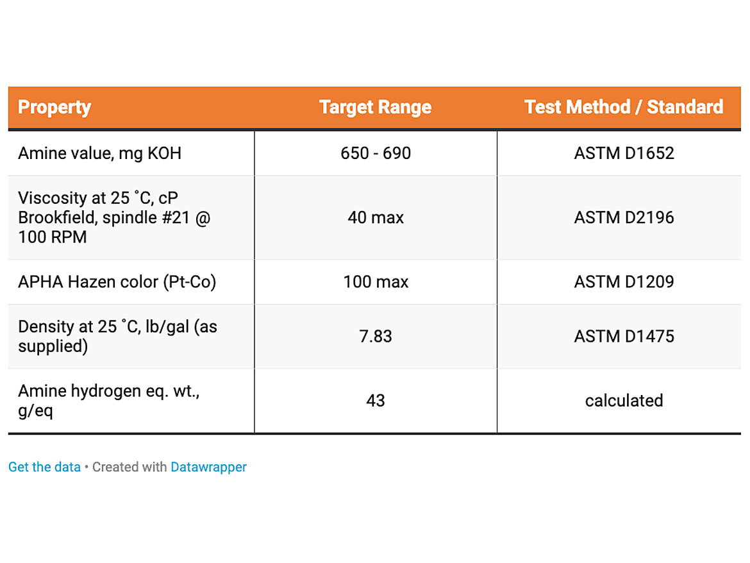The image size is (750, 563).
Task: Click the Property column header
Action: [x=54, y=108]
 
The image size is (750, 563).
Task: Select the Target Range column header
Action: [x=376, y=108]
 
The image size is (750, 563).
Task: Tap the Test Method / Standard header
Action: [x=624, y=107]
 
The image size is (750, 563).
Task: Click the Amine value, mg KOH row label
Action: [x=99, y=153]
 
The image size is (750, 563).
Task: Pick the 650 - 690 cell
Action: [x=376, y=153]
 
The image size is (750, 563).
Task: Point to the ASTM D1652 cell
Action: [x=624, y=153]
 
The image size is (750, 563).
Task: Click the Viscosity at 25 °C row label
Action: [x=114, y=217]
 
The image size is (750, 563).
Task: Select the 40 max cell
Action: [x=376, y=217]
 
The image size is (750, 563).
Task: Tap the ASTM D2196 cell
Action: [x=624, y=217]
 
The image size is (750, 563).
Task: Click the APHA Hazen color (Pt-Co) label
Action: [x=117, y=282]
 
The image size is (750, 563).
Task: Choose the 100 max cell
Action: [x=376, y=281]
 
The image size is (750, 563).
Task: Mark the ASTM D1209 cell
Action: [x=624, y=281]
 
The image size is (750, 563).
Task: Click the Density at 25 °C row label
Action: [x=118, y=336]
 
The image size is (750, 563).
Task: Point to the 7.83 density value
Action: [x=376, y=336]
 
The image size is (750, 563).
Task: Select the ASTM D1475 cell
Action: [x=624, y=336]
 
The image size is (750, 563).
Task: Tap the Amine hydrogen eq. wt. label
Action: [x=108, y=401]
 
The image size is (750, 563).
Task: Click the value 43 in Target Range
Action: [x=376, y=400]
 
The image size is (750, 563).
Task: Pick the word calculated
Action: [x=624, y=400]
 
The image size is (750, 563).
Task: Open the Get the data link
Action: [x=44, y=467]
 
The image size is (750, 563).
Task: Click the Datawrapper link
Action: [x=208, y=467]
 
